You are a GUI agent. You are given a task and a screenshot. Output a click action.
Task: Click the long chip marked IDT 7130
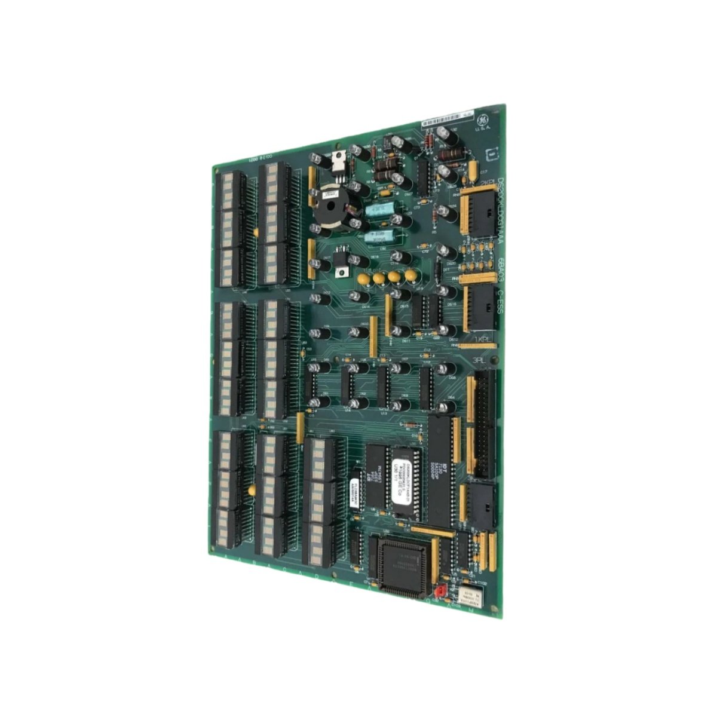point(443,473)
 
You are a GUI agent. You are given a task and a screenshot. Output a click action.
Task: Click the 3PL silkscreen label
point(479,361)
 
